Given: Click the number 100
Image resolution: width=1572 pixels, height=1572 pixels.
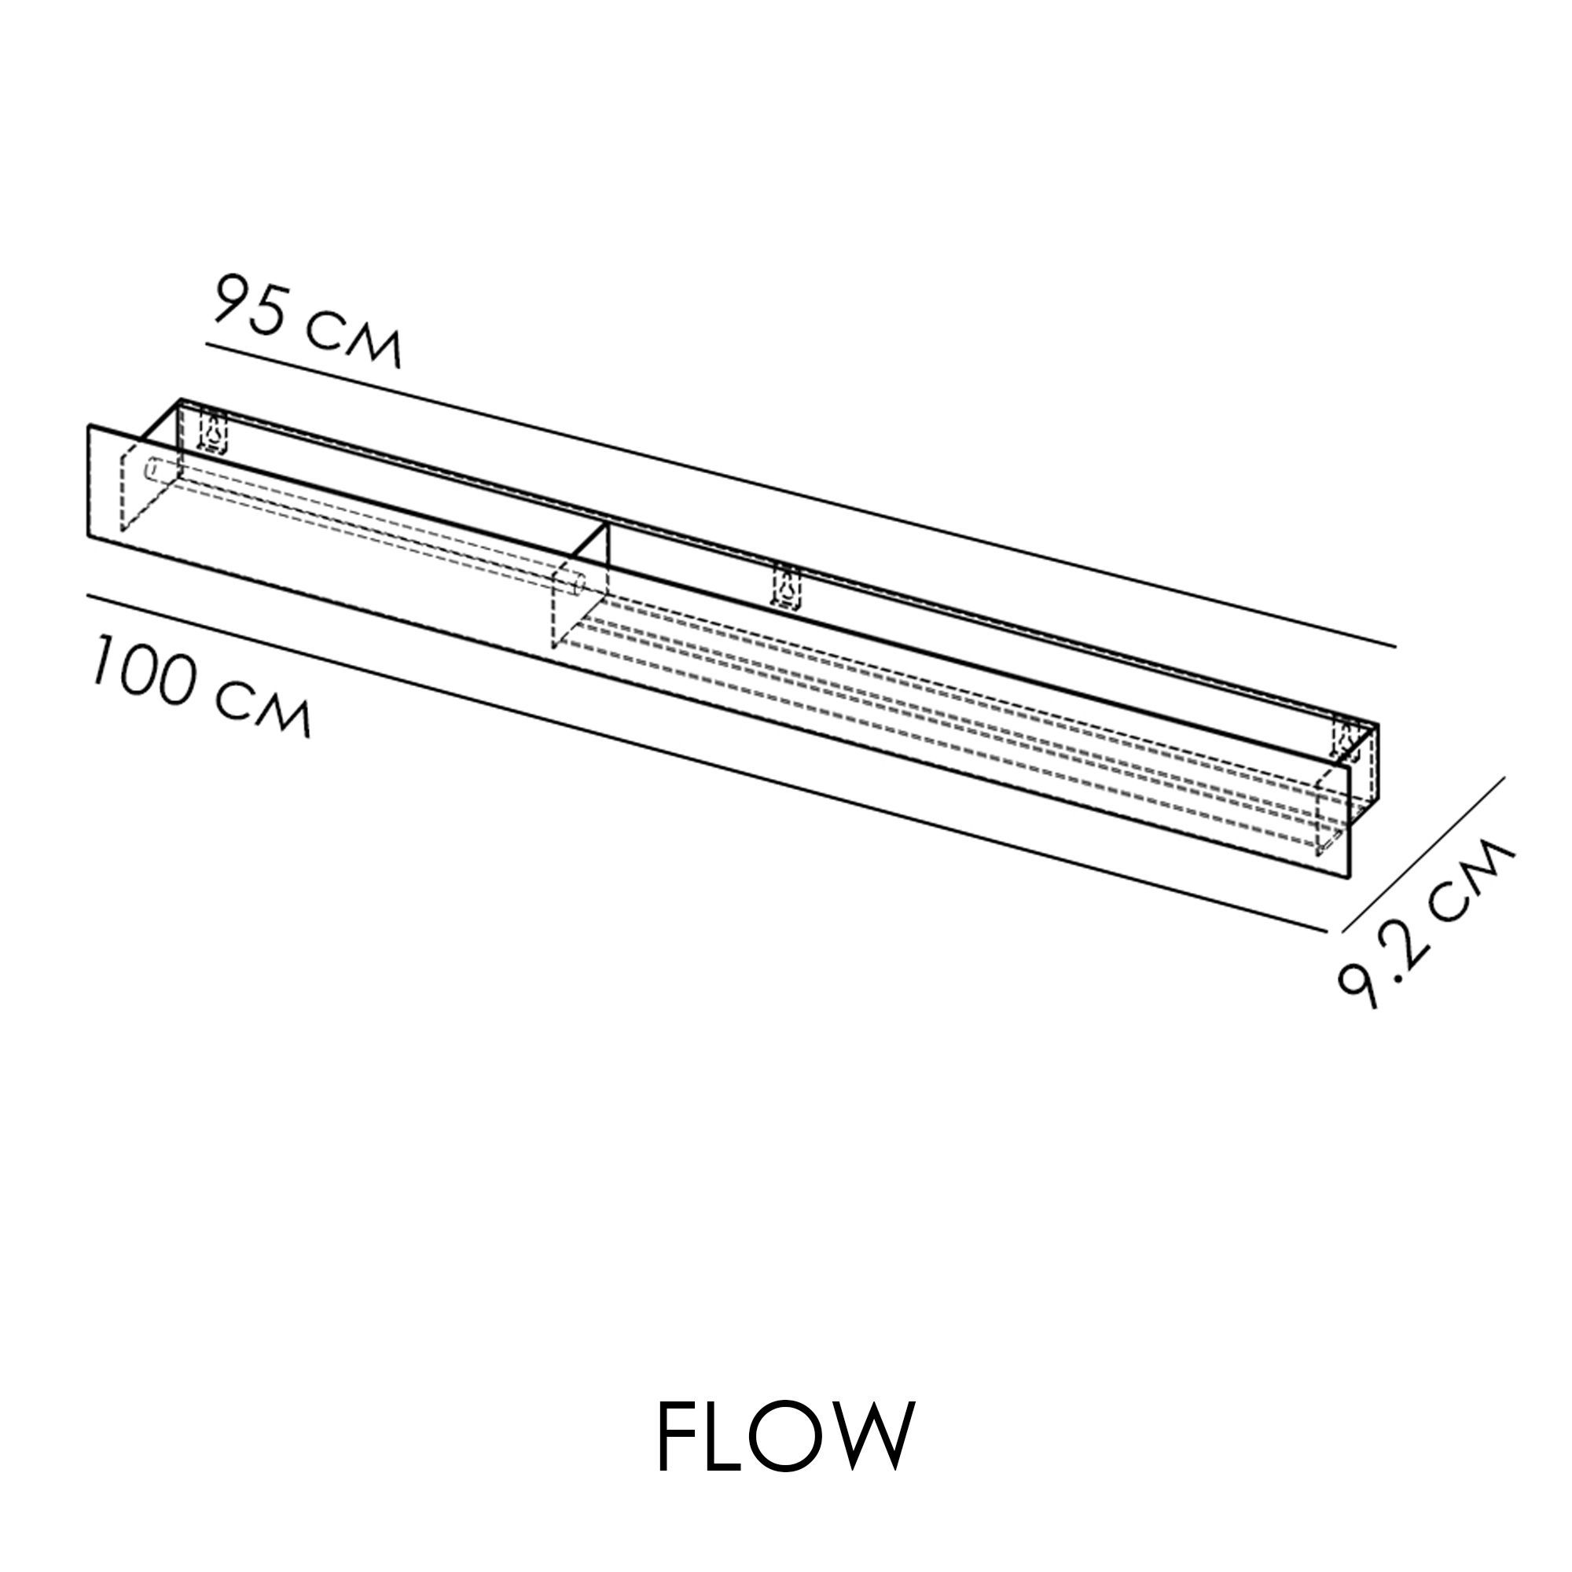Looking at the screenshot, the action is pos(146,672).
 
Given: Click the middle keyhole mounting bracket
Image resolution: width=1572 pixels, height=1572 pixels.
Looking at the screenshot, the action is pos(787,586).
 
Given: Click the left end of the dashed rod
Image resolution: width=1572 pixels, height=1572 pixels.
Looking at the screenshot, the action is pos(152,470).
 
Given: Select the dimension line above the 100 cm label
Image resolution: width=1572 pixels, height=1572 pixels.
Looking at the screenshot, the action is pos(707,762).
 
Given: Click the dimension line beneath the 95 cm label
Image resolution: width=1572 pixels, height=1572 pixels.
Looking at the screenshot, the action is pos(801,495).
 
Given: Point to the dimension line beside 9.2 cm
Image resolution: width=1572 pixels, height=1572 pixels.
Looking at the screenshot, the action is pos(1423,854).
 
